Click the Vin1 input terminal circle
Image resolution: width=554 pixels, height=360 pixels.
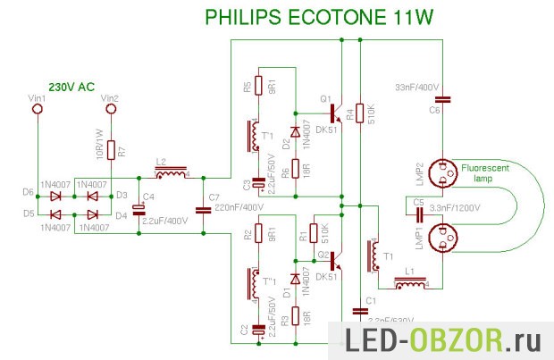click(x=38, y=109)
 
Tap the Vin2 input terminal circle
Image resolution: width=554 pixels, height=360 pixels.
click(x=112, y=109)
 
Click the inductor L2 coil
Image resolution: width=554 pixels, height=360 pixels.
click(x=172, y=172)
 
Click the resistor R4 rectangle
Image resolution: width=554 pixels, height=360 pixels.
click(x=360, y=113)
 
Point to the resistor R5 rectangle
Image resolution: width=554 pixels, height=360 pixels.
click(x=257, y=86)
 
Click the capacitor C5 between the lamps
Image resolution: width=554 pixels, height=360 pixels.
click(x=419, y=212)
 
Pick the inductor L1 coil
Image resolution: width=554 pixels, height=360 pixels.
click(x=410, y=285)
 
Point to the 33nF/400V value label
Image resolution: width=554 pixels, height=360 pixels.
click(x=416, y=86)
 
